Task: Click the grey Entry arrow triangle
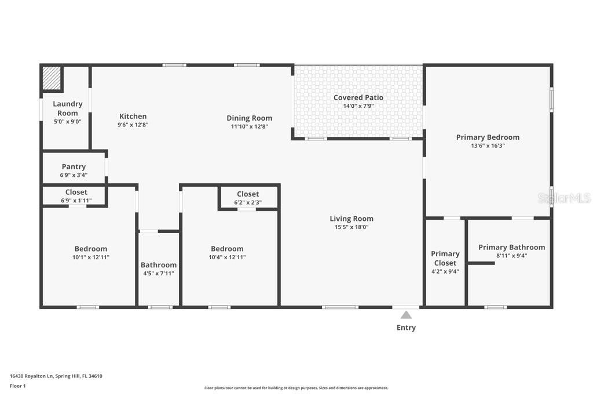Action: [406, 315]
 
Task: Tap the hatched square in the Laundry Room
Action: [52, 78]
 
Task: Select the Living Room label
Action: [352, 219]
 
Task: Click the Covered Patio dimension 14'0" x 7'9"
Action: [358, 106]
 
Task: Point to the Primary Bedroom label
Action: [488, 137]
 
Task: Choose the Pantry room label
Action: [74, 166]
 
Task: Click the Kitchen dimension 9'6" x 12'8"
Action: [133, 125]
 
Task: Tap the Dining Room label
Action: [249, 118]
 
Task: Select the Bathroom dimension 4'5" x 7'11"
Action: [159, 273]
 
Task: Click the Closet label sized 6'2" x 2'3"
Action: [248, 194]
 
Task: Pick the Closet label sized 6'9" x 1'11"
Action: [76, 192]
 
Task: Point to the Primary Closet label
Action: [445, 258]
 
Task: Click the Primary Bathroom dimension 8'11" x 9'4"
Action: [512, 256]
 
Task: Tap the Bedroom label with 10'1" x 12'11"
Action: [91, 249]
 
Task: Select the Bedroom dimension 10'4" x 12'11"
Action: [227, 257]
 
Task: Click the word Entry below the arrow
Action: [406, 328]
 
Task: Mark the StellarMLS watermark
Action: [564, 198]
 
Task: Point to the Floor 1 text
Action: [18, 386]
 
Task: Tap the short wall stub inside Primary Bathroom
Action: [481, 263]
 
